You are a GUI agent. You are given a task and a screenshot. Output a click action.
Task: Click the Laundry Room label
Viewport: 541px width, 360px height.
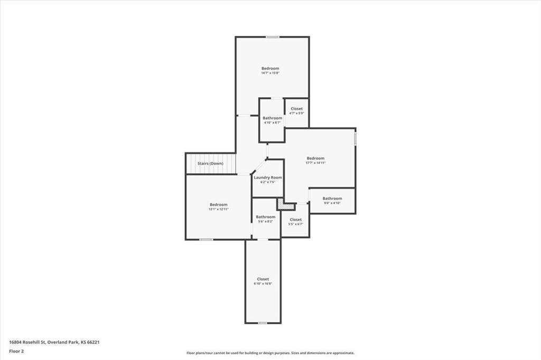click(x=268, y=177)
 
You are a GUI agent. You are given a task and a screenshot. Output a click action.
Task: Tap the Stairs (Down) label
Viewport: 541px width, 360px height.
click(x=210, y=164)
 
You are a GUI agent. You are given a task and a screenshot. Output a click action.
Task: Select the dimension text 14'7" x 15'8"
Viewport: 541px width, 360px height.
click(x=270, y=73)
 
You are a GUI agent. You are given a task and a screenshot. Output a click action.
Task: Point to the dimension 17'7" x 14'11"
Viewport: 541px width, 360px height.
click(x=315, y=163)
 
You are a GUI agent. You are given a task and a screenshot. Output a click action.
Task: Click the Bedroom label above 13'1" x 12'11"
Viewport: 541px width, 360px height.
click(x=218, y=205)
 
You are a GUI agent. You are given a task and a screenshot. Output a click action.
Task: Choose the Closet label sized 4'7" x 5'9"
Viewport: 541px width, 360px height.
click(x=296, y=109)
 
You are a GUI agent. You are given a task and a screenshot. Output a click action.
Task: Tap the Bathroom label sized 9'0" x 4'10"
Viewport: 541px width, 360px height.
click(x=332, y=198)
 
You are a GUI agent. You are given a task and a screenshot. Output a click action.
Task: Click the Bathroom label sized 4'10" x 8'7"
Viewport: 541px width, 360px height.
click(x=273, y=118)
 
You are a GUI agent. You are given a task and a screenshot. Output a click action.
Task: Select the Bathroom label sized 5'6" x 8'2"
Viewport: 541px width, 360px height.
click(x=266, y=217)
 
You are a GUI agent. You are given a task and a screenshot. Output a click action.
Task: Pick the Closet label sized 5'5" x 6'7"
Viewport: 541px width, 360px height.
click(x=295, y=220)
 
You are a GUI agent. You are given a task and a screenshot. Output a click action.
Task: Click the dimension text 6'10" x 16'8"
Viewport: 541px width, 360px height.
click(x=263, y=284)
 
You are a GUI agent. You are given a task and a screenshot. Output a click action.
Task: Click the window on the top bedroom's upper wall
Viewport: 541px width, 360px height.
click(x=273, y=37)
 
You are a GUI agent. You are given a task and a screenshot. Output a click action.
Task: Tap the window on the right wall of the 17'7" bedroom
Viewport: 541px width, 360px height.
click(x=356, y=138)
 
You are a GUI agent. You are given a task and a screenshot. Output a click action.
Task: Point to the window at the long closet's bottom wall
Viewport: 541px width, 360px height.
click(x=263, y=323)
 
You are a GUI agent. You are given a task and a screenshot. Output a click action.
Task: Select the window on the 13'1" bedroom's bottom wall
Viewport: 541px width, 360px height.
click(x=206, y=240)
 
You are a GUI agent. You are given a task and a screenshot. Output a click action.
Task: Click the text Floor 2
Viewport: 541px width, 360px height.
click(x=16, y=350)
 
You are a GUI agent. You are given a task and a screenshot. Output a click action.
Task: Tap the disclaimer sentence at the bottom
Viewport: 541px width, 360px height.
click(x=270, y=353)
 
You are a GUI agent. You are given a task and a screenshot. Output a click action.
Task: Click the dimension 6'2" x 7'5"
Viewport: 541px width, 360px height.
click(x=268, y=183)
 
